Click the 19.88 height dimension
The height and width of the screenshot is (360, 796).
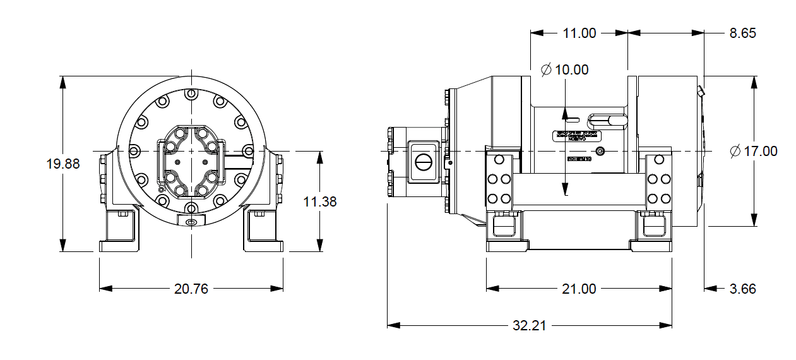click(63, 164)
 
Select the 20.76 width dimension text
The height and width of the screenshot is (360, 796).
click(191, 289)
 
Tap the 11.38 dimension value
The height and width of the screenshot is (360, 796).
click(320, 201)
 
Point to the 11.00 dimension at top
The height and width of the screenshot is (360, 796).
click(579, 33)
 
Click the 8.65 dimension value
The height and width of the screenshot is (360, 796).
click(742, 33)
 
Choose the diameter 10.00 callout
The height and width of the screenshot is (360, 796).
click(565, 69)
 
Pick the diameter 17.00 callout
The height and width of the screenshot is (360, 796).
click(753, 152)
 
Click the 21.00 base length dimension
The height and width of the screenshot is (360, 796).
click(579, 289)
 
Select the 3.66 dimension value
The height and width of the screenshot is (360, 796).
click(742, 289)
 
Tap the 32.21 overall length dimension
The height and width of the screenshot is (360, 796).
click(529, 325)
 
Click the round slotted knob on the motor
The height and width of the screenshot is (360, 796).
click(424, 164)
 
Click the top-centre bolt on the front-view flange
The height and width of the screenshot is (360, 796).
click(191, 93)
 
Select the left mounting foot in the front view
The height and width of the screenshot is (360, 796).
click(122, 231)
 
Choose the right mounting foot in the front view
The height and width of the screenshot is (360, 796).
click(263, 231)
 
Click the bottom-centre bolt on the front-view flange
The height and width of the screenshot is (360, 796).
click(191, 208)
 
